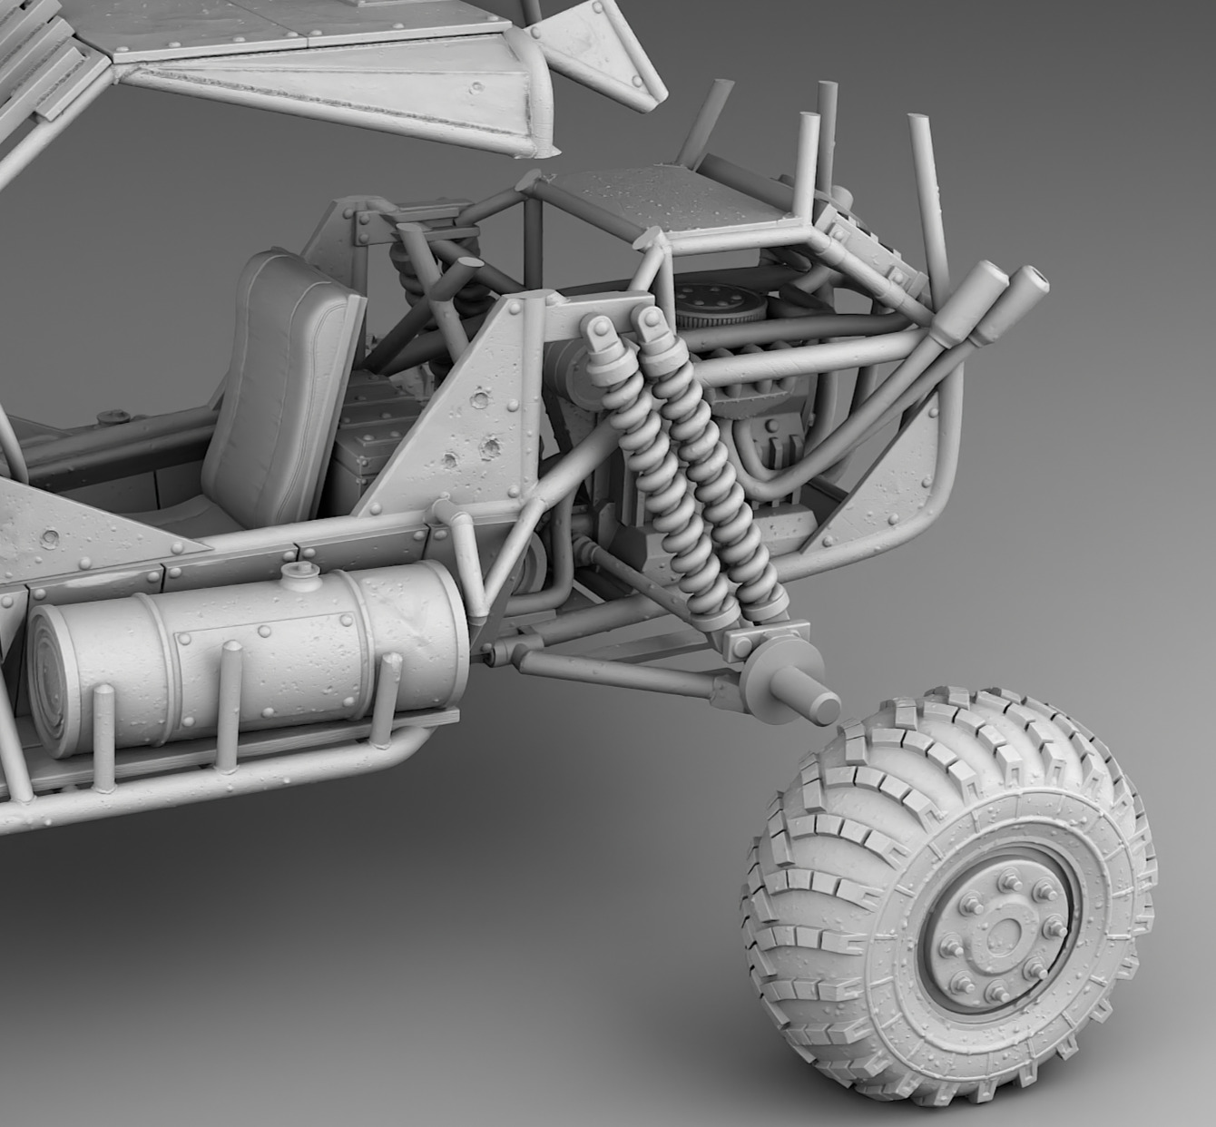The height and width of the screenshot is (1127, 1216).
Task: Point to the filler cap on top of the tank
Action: pyautogui.click(x=296, y=573)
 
